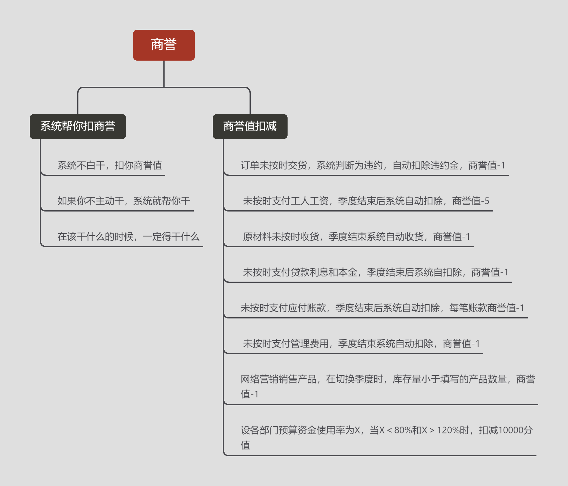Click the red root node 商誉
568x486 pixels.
tap(164, 45)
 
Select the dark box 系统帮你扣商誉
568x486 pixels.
tap(78, 126)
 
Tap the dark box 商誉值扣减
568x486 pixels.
tap(250, 126)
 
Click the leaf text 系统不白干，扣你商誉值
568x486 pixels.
tap(110, 165)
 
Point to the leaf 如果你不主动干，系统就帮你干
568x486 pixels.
tap(124, 201)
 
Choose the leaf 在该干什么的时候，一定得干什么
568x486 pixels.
tap(128, 237)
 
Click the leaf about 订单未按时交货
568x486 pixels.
tap(373, 165)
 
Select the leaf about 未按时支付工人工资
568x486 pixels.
tap(366, 201)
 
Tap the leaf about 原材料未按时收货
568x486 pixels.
tap(356, 237)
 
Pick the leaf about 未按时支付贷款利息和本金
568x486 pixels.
tap(375, 272)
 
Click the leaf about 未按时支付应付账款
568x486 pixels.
tap(382, 308)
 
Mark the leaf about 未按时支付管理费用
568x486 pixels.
tap(361, 344)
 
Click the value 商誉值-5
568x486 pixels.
tap(471, 201)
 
